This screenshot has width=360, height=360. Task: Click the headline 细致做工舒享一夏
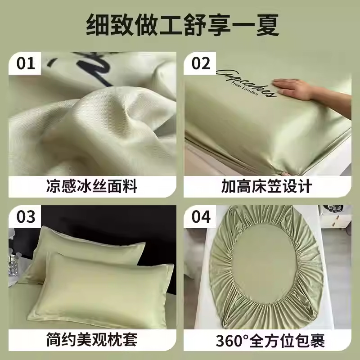pyautogui.click(x=183, y=25)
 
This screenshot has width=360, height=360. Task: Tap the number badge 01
pyautogui.click(x=26, y=63)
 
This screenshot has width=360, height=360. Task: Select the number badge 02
pyautogui.click(x=201, y=63)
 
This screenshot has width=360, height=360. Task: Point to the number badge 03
pyautogui.click(x=26, y=216)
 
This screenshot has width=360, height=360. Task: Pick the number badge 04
pyautogui.click(x=201, y=216)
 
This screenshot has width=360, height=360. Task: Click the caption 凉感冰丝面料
pyautogui.click(x=92, y=186)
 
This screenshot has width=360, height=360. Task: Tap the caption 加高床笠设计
pyautogui.click(x=267, y=186)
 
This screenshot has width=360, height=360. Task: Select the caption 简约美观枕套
pyautogui.click(x=92, y=339)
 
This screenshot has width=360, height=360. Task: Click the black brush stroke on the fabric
pyautogui.click(x=92, y=67)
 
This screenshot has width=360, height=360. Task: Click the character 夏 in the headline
pyautogui.click(x=267, y=25)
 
